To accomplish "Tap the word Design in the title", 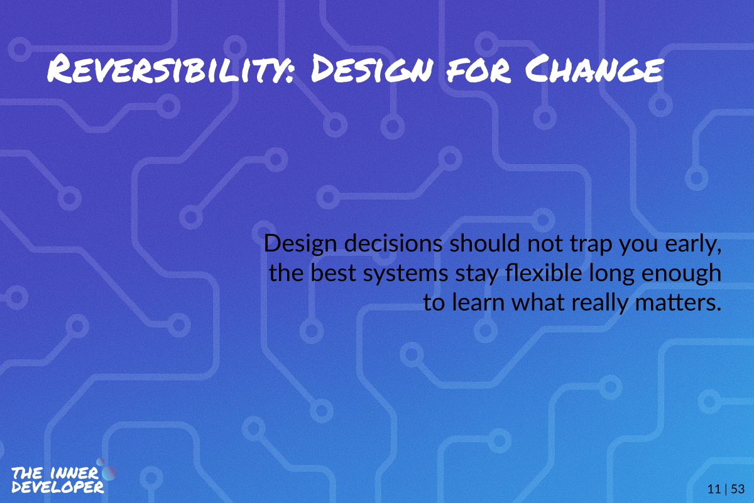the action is tap(371, 69).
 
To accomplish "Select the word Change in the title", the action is tap(594, 69).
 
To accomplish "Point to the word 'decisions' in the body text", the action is tap(393, 243).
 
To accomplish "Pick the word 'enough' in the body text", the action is tap(681, 274).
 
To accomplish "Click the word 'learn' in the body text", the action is tap(478, 302).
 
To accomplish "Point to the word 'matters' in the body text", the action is tap(677, 303).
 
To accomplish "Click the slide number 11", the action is tap(714, 489).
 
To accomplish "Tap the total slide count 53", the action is tap(738, 489).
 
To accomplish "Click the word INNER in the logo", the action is tap(74, 473).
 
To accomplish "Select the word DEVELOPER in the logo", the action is tap(58, 487).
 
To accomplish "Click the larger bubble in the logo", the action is tap(109, 473).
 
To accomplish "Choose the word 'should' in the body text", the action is tap(484, 243).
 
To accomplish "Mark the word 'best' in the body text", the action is tap(333, 272).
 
